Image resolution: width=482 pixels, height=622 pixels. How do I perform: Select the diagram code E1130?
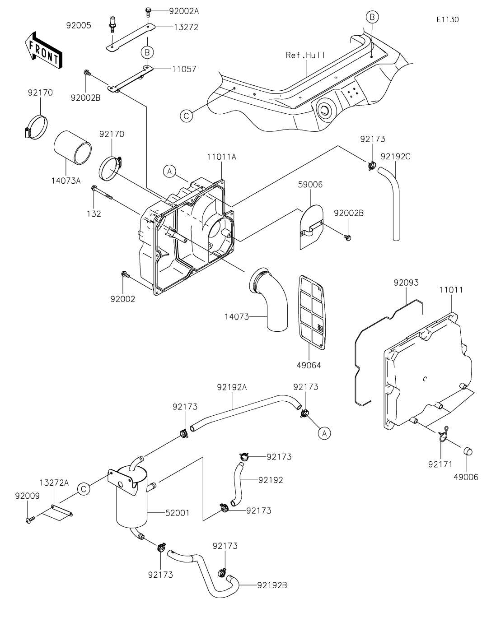coord(448,20)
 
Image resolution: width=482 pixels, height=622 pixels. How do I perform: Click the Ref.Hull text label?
coord(305,55)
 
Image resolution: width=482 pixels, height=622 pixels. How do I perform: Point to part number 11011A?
coord(222,157)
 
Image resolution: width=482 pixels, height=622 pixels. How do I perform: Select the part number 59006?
coord(310,185)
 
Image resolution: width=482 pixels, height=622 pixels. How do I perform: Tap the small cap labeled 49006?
coord(467,451)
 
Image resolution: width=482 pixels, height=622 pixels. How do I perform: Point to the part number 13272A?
coord(54,483)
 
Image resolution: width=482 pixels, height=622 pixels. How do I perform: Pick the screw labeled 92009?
coord(30,520)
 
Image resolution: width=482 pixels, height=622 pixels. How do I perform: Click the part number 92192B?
coord(272,586)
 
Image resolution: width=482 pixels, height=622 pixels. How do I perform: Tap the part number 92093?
coord(406,283)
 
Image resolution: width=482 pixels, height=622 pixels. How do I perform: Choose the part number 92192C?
coord(396,157)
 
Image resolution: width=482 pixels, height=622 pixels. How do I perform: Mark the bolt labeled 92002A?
coord(149,10)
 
